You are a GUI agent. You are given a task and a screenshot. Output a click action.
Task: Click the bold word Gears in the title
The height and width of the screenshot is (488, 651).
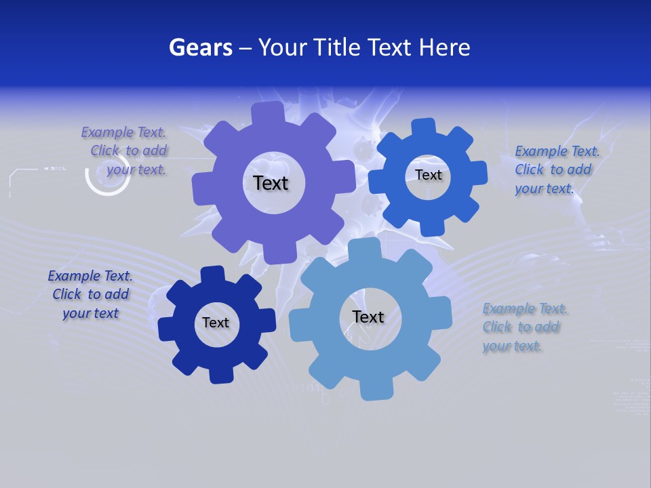click(x=200, y=47)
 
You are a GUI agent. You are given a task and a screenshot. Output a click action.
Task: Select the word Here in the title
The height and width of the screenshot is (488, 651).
click(x=444, y=47)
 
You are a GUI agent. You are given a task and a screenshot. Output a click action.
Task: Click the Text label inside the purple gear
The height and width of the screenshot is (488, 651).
click(x=271, y=183)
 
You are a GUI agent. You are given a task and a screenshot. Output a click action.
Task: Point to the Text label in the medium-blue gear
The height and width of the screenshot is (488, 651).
click(x=428, y=175)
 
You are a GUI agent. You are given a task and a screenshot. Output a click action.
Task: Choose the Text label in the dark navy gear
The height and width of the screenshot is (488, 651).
click(x=216, y=323)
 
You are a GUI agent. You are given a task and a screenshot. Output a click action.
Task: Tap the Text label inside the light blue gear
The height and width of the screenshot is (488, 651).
click(x=368, y=317)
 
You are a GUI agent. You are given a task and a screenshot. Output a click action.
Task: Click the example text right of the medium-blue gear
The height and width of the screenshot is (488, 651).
click(x=554, y=169)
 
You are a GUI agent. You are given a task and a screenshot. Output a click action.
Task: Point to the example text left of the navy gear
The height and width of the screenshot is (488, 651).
click(x=90, y=294)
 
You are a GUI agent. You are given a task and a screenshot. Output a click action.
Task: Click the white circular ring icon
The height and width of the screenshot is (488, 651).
click(x=107, y=178)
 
